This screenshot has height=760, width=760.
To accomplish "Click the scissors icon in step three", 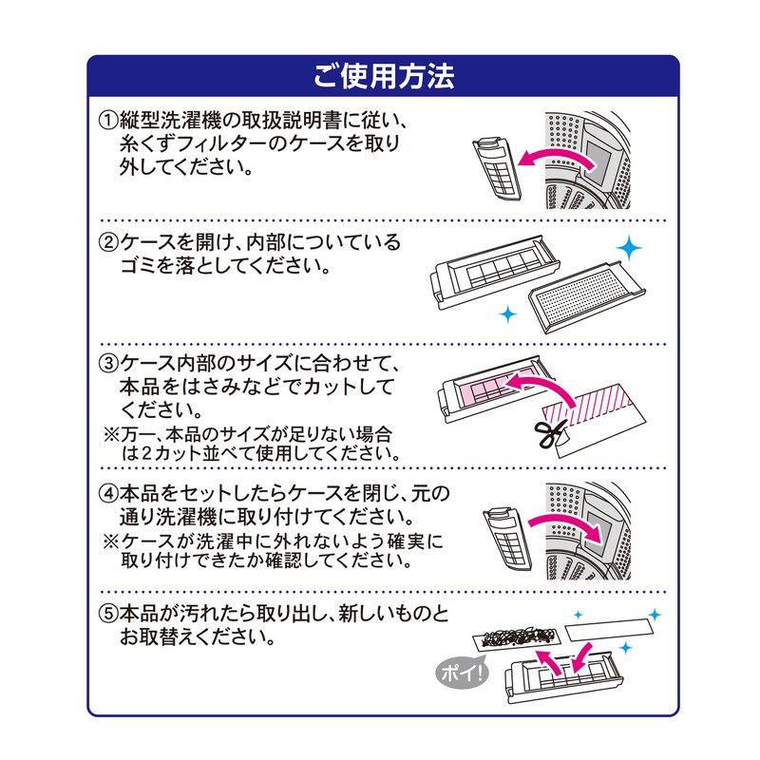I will pyautogui.click(x=548, y=433).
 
